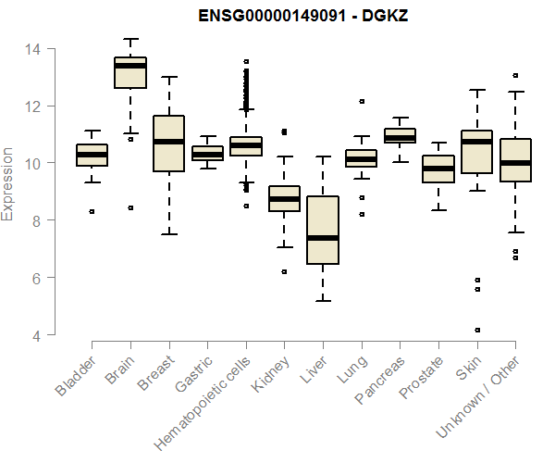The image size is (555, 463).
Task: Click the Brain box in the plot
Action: pyautogui.click(x=130, y=73)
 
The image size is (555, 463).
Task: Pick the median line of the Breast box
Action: pyautogui.click(x=168, y=142)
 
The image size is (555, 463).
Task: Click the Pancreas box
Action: pyautogui.click(x=400, y=136)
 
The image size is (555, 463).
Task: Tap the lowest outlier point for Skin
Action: pyautogui.click(x=477, y=330)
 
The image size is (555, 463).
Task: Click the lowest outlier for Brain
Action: pyautogui.click(x=130, y=207)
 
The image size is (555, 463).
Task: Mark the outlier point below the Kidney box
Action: pyautogui.click(x=284, y=271)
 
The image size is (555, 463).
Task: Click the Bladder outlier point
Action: pyautogui.click(x=92, y=211)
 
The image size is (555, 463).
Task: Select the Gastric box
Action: pyautogui.click(x=207, y=153)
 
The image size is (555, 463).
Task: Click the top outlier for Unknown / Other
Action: pyautogui.click(x=515, y=75)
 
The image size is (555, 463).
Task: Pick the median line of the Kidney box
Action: pyautogui.click(x=284, y=199)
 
